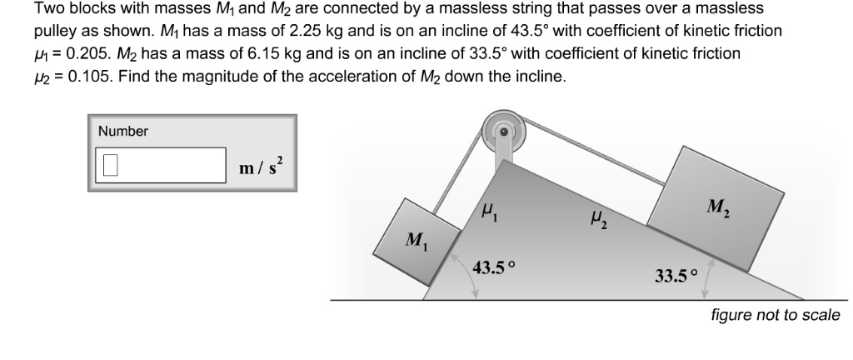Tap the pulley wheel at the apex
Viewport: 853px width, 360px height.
click(503, 132)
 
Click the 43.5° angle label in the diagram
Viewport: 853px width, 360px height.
click(494, 267)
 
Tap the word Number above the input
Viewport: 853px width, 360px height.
click(123, 131)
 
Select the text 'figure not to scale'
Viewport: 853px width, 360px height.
click(775, 315)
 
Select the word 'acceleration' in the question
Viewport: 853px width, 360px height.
click(354, 77)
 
